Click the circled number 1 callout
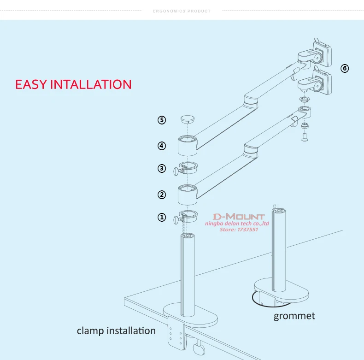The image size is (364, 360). click(x=162, y=218)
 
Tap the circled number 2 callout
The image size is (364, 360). click(x=162, y=195)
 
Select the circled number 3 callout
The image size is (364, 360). click(x=162, y=168)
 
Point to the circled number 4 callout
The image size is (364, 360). click(x=162, y=146)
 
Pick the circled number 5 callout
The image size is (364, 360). click(x=162, y=120)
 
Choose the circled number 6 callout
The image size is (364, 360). click(x=345, y=68)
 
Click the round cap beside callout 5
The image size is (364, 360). click(x=188, y=119)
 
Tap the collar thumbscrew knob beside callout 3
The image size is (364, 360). click(x=176, y=171)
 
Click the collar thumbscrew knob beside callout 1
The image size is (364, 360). click(x=176, y=220)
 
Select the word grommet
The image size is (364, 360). click(x=294, y=316)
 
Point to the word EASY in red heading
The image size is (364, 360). click(x=31, y=84)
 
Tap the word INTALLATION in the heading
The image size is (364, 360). click(x=91, y=84)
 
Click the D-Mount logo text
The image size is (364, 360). click(x=239, y=217)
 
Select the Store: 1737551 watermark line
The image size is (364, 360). click(x=239, y=230)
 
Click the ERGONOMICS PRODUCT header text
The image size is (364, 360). click(x=182, y=11)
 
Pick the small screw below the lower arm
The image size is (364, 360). click(x=305, y=137)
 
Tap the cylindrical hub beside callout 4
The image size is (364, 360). click(x=188, y=146)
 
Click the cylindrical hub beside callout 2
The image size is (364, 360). click(x=188, y=195)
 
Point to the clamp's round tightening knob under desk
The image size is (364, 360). click(x=199, y=349)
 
